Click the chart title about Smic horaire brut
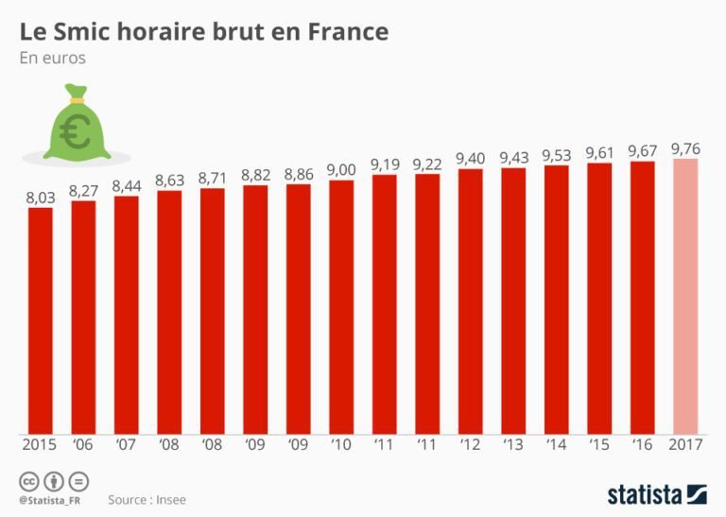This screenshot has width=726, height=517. coord(203,31)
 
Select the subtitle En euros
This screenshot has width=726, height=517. coord(52,58)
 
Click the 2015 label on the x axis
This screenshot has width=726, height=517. coord(40,444)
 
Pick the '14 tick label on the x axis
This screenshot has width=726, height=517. coord(556,444)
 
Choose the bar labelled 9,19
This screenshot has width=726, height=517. coord(385,302)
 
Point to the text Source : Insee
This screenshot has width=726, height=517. coord(146,498)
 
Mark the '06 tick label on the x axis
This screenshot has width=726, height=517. coord(83,444)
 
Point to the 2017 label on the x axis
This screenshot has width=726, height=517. coord(685,444)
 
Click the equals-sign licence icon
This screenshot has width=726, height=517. coord(78,480)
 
